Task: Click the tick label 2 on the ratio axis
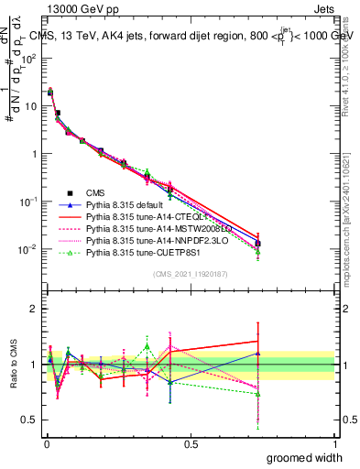[x=34, y=309]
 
